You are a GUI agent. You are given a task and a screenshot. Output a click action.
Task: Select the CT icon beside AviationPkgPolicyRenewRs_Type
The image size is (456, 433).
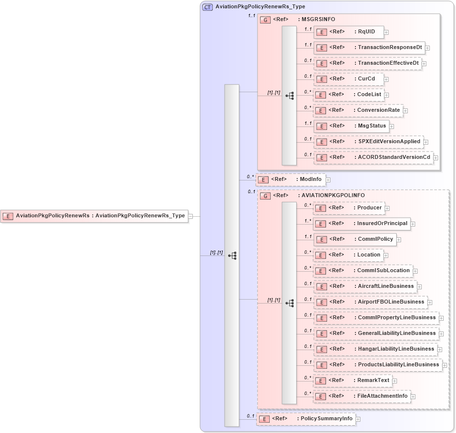pos(207,7)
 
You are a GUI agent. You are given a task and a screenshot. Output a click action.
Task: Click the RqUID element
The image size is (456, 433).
pos(348,32)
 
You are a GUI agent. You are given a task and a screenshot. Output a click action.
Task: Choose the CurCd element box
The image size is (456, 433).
pos(348,79)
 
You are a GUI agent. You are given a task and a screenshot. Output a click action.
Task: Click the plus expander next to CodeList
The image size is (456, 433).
pos(386,95)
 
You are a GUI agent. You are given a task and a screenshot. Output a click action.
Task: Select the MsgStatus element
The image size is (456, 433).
pos(351,126)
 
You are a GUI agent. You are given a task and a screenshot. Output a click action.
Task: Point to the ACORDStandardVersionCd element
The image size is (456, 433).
pos(373,157)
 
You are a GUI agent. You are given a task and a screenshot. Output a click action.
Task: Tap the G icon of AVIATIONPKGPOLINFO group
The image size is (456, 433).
pos(265,196)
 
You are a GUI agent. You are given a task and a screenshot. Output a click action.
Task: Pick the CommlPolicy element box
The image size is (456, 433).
pos(355,239)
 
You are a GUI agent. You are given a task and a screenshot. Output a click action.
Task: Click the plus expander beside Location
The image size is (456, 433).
pos(386,255)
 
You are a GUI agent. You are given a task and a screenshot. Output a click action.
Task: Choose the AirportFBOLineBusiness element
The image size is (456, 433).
pos(370,302)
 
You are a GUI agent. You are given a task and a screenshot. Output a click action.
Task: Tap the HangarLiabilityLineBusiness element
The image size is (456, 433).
pos(375,349)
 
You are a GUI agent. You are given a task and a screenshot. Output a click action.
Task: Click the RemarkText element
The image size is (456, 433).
pos(353,381)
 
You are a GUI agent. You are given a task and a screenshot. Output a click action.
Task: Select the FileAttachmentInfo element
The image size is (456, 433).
pos(361,396)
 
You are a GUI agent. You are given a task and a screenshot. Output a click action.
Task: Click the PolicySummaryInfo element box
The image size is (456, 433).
pos(306,419)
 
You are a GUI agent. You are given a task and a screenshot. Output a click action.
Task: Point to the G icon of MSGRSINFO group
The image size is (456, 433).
pos(265,20)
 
